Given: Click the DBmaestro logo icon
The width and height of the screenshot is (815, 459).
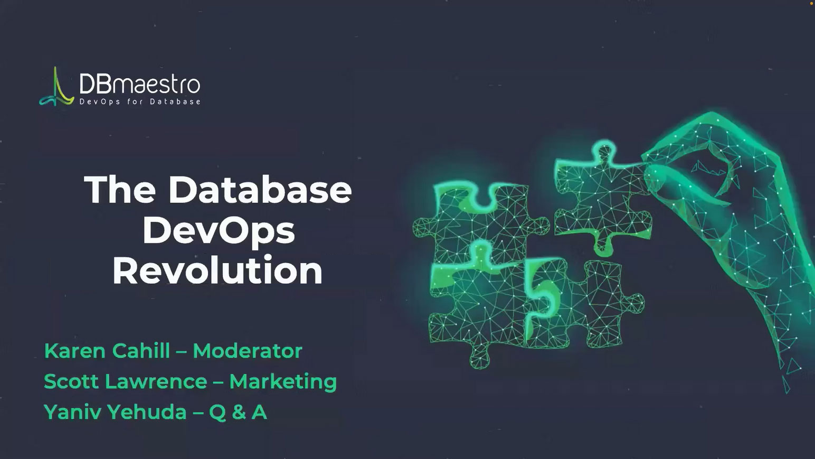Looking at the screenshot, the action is (57, 87).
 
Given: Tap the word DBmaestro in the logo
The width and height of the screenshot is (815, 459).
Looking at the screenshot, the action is (140, 84).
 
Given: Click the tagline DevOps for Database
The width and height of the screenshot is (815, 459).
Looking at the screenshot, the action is (140, 101).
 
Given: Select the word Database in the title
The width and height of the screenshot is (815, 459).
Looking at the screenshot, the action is (260, 190).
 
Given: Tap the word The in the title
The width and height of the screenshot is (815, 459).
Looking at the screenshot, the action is (120, 190).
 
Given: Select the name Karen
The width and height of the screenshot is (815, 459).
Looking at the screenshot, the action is (75, 351).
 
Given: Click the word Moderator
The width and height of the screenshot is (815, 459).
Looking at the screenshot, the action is (248, 351).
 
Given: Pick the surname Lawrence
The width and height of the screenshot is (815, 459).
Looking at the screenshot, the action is (156, 381).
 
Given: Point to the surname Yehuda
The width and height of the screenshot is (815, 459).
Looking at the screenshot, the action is (147, 413).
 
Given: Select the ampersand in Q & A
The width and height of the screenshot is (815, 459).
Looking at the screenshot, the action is (239, 413).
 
